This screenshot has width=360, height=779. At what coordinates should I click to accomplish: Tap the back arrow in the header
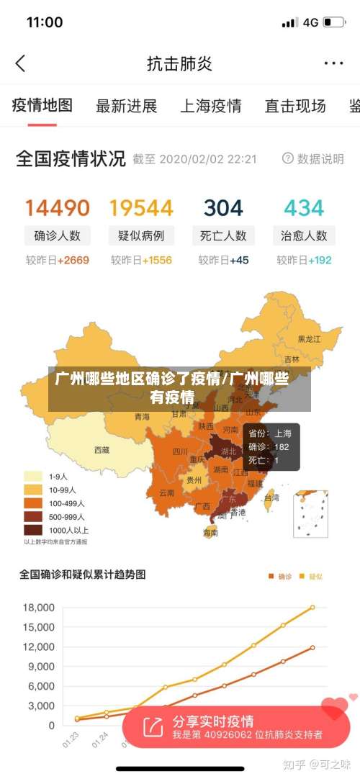tap(20, 63)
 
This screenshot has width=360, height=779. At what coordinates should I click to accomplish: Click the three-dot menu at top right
tap(333, 63)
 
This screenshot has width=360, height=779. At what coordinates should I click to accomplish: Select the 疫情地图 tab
tap(42, 106)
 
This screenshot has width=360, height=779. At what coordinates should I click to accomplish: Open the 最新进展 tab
tap(126, 107)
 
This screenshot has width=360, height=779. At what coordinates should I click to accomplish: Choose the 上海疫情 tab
tap(210, 107)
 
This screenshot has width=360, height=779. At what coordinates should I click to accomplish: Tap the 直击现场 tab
tap(295, 107)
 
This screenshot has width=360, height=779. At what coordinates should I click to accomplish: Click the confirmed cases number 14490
tap(58, 208)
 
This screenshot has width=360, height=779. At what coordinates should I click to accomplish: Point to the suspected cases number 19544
tap(141, 208)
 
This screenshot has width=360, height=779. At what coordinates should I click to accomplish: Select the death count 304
tap(223, 208)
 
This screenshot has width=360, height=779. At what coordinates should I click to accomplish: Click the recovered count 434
tap(304, 208)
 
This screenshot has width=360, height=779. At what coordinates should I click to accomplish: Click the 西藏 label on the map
tap(102, 450)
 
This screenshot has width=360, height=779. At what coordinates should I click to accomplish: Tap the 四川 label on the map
tap(180, 452)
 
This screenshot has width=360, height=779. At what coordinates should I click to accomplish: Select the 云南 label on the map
tap(166, 493)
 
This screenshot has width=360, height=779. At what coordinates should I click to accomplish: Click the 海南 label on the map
tap(210, 533)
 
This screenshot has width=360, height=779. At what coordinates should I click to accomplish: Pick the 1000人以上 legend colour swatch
tap(33, 530)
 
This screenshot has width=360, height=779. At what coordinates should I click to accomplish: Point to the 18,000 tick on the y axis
tap(39, 608)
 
